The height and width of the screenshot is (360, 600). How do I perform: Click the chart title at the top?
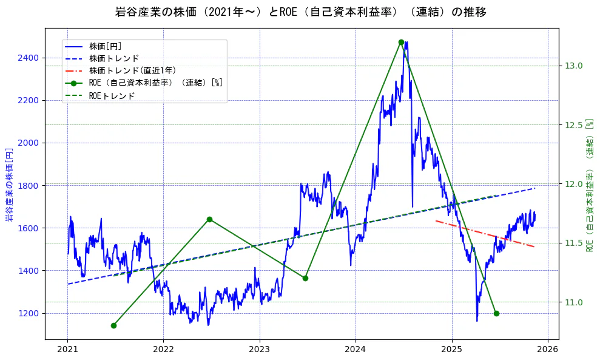pyautogui.click(x=300, y=12)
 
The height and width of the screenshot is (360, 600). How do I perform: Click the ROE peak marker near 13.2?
pyautogui.click(x=401, y=42)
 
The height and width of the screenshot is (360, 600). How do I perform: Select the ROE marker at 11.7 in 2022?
pyautogui.click(x=209, y=219)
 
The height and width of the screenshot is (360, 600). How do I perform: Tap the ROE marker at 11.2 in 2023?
pyautogui.click(x=305, y=278)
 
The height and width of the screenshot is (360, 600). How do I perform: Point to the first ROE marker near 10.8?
pyautogui.click(x=113, y=325)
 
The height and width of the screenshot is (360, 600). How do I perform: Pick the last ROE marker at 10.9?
pyautogui.click(x=496, y=313)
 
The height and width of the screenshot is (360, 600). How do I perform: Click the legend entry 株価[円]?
pyautogui.click(x=106, y=46)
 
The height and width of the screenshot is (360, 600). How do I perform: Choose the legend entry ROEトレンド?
pyautogui.click(x=112, y=95)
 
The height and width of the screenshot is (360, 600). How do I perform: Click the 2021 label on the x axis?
pyautogui.click(x=67, y=350)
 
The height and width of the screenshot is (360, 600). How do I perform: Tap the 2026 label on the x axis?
pyautogui.click(x=548, y=350)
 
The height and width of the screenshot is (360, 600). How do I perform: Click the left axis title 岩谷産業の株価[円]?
pyautogui.click(x=9, y=183)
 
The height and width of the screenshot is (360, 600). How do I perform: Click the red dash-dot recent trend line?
pyautogui.click(x=485, y=234)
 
